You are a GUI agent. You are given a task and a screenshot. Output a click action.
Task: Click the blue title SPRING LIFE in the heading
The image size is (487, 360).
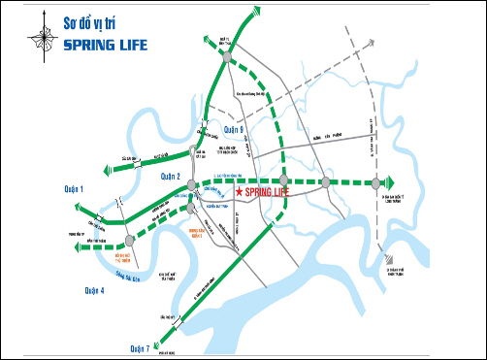pos(107,45)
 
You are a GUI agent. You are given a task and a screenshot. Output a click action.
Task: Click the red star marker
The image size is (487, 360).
pos(239,194)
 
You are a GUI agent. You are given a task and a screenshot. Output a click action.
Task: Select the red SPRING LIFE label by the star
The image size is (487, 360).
pos(268,193)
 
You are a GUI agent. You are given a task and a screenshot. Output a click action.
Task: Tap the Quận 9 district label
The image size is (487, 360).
pos(234,129)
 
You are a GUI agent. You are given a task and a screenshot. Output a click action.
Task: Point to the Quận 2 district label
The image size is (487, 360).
pos(172,176)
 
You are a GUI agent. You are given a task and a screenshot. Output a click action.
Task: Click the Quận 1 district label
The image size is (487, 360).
pos(75,188)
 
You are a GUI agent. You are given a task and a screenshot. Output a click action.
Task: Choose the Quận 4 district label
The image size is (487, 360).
pos(94,289)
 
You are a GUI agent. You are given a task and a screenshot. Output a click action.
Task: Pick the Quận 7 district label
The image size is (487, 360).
pos(140,346)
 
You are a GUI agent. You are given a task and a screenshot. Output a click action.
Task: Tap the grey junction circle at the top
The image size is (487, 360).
pos(227,58)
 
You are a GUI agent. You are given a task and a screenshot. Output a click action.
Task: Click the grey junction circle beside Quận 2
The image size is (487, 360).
pos(192,184)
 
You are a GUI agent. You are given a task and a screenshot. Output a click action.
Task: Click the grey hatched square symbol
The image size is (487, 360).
pos(387,260)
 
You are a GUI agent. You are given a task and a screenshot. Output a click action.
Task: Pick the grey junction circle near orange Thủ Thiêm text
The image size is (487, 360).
pos(128,241)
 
